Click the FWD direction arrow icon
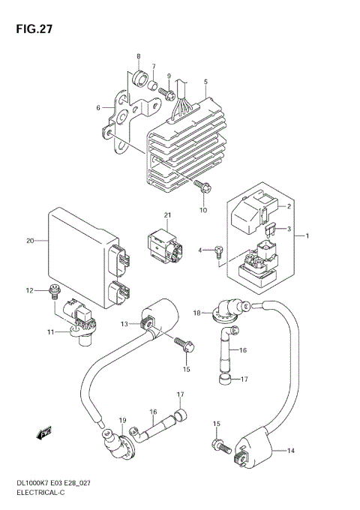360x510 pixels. click(40, 433)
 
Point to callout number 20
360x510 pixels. click(30, 241)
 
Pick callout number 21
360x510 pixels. click(169, 216)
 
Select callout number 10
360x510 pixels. click(203, 210)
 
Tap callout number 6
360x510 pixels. click(97, 107)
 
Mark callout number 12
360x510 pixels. click(30, 289)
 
